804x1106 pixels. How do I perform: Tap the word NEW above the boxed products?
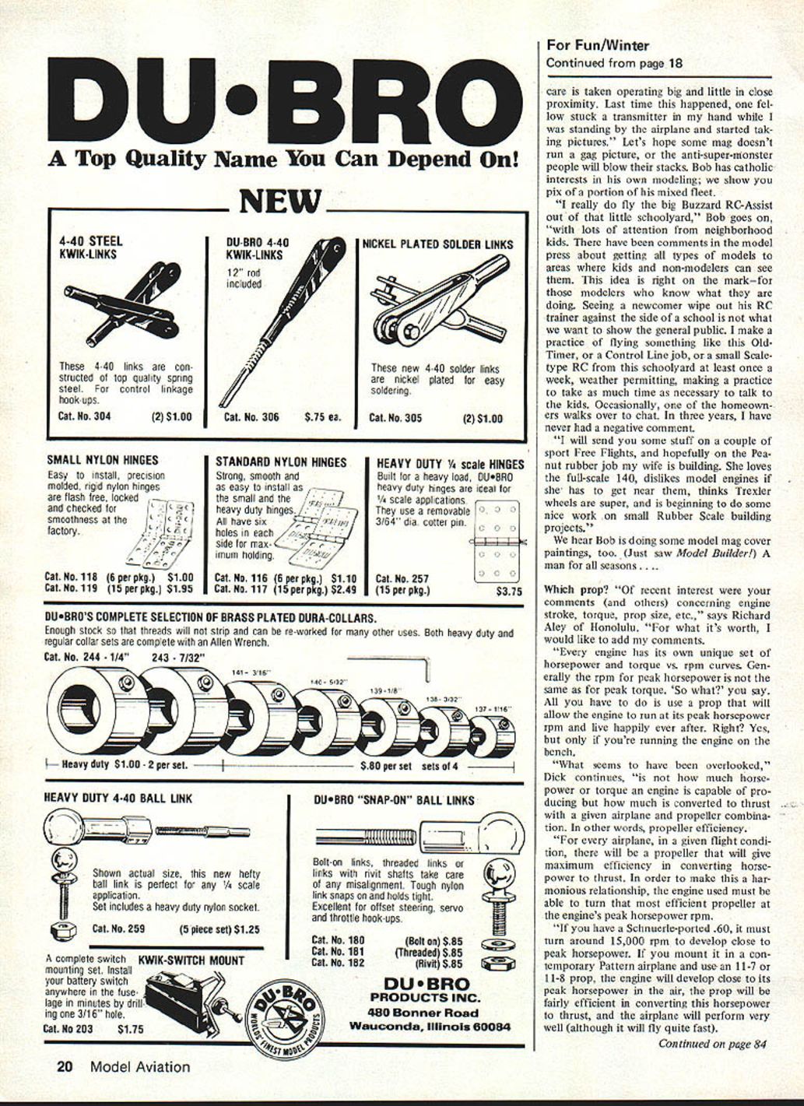[279, 202]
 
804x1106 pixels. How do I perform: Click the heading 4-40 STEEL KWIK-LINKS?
[90, 248]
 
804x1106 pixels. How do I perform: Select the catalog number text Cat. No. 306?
[251, 417]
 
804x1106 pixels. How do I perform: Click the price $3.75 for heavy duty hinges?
[509, 592]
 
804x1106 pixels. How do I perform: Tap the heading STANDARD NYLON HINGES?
[280, 462]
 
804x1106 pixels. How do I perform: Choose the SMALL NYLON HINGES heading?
[102, 461]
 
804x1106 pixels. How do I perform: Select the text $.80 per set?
[386, 766]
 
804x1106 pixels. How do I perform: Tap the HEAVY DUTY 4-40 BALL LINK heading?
[118, 799]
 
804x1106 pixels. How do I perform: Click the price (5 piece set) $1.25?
[219, 929]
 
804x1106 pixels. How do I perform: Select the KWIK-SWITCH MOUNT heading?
[191, 960]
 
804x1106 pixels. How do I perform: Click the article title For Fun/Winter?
[597, 46]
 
